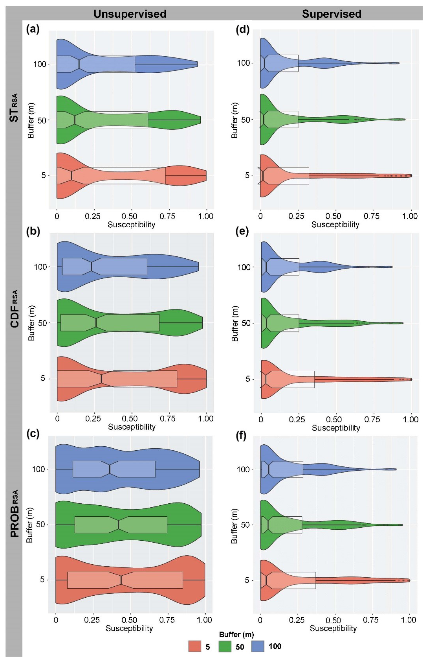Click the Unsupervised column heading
(130, 14)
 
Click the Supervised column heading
(331, 14)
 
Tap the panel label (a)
(33, 29)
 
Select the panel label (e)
(242, 231)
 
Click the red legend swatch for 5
(195, 646)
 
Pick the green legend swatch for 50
(225, 646)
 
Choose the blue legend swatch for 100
(257, 646)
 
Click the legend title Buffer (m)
(236, 634)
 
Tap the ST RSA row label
(14, 108)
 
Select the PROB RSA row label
(15, 514)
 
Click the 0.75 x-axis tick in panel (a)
(167, 216)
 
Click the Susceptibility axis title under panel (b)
(132, 427)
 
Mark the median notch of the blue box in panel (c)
(110, 469)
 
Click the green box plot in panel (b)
(110, 323)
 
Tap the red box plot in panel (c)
(125, 580)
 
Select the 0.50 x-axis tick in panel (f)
(333, 620)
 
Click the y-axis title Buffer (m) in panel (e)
(235, 323)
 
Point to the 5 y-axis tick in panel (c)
(42, 580)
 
